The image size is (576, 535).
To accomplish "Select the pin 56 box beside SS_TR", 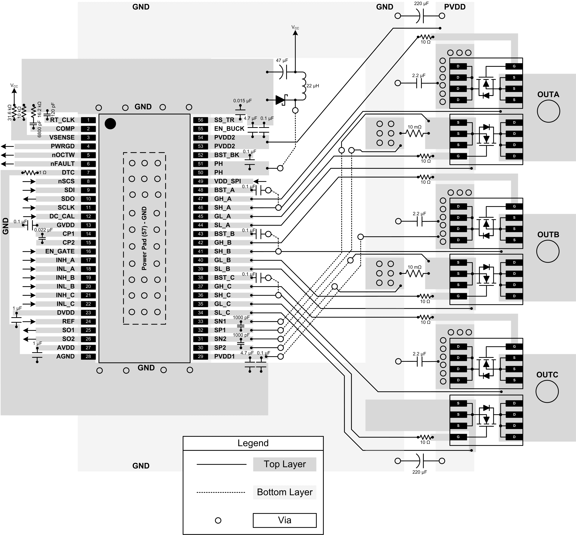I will click(200, 120).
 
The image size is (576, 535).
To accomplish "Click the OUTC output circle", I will click(547, 391).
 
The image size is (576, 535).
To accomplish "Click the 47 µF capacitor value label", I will click(282, 60).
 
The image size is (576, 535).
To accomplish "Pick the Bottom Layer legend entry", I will click(284, 492).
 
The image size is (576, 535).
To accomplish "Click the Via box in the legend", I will click(284, 520).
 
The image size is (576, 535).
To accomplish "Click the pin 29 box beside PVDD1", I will click(200, 356).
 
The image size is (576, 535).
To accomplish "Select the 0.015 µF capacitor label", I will click(242, 101).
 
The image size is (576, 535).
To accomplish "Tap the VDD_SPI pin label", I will click(227, 181).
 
